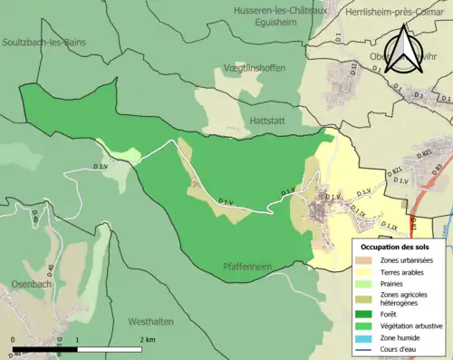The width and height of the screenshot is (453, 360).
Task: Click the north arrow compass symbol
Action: [406, 50]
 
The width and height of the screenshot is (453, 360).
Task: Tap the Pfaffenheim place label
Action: [249, 267]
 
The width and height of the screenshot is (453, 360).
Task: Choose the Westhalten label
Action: [151, 321]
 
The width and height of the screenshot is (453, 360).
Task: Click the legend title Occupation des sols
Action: [395, 247]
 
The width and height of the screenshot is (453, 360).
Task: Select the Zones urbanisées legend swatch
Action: [368, 261]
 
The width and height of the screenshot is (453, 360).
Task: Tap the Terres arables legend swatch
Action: [368, 272]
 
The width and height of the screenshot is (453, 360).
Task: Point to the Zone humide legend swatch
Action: [368, 336]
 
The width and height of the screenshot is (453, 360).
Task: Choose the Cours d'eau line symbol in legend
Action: [368, 349]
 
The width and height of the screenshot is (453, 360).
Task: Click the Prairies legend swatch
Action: [368, 283]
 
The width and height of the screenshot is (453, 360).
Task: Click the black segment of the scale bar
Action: [45, 349]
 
